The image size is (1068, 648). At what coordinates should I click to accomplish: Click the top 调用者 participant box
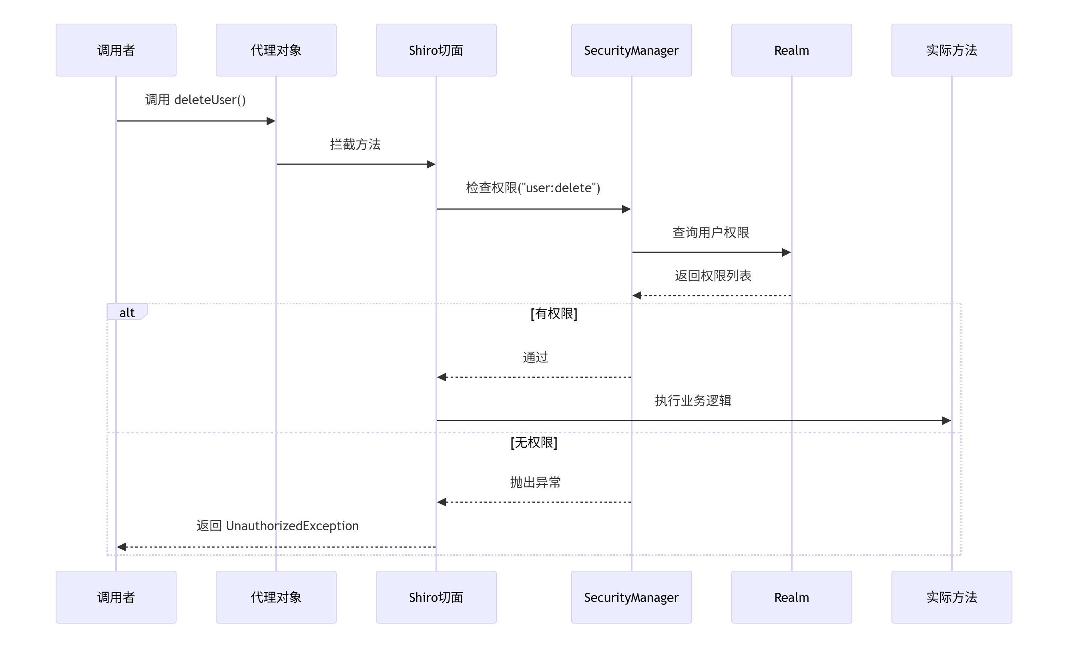pyautogui.click(x=116, y=50)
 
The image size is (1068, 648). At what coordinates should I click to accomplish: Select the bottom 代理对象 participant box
pyautogui.click(x=276, y=597)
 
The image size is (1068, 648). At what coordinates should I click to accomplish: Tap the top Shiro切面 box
pyautogui.click(x=436, y=50)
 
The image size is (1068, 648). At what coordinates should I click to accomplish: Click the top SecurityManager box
pyautogui.click(x=631, y=50)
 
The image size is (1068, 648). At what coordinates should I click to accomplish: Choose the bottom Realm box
pyautogui.click(x=791, y=597)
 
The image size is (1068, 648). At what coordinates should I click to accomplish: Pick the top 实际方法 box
pyautogui.click(x=952, y=50)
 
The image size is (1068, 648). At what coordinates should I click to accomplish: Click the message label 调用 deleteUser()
pyautogui.click(x=195, y=100)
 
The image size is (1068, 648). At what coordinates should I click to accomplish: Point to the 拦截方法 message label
pyautogui.click(x=355, y=144)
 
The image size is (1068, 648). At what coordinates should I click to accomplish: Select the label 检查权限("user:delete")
pyautogui.click(x=533, y=188)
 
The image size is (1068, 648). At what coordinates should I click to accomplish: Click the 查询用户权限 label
pyautogui.click(x=711, y=232)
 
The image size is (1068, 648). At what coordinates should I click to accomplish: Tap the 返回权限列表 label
pyautogui.click(x=713, y=276)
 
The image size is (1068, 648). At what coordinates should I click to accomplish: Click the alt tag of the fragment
pyautogui.click(x=126, y=312)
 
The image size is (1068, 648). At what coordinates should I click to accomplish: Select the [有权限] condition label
pyautogui.click(x=554, y=313)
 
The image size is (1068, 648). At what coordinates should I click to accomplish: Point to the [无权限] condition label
pyautogui.click(x=534, y=443)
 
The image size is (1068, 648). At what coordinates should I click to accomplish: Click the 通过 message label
pyautogui.click(x=535, y=357)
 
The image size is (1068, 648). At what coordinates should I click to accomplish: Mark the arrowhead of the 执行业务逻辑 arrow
pyautogui.click(x=946, y=420)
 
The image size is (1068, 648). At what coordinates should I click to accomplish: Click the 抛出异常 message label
pyautogui.click(x=535, y=482)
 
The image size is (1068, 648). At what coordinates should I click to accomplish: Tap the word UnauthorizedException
pyautogui.click(x=292, y=526)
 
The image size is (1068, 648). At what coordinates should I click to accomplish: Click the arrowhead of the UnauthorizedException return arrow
pyautogui.click(x=122, y=547)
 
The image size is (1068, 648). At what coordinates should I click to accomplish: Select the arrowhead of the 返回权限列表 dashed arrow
pyautogui.click(x=637, y=296)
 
